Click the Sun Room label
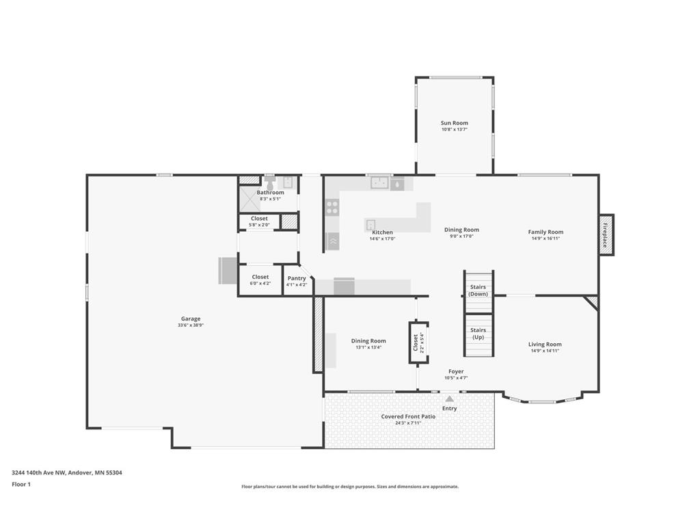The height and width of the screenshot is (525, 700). click(x=455, y=123)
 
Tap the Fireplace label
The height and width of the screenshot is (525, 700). click(x=606, y=235)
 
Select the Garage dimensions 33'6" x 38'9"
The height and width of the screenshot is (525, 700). click(x=191, y=325)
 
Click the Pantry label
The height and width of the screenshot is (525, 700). click(x=297, y=278)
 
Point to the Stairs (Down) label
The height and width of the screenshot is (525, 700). click(x=478, y=290)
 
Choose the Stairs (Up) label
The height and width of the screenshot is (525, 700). click(x=478, y=334)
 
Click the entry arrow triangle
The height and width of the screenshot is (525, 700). click(x=450, y=399)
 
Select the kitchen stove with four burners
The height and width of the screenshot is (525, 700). click(x=332, y=207)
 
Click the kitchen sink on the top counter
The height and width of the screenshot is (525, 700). click(x=379, y=183)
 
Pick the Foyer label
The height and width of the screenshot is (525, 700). click(x=456, y=371)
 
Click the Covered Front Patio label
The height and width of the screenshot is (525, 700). click(x=408, y=416)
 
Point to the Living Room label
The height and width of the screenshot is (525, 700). click(x=545, y=345)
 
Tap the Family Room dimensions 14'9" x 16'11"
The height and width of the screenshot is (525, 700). click(x=546, y=239)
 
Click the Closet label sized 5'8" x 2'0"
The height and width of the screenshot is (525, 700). click(x=259, y=218)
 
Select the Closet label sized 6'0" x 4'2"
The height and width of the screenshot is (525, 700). click(x=260, y=277)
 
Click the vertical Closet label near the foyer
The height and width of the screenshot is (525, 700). click(x=416, y=342)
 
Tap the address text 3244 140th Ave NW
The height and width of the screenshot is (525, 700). click(x=39, y=472)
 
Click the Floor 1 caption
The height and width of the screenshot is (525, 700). click(x=21, y=484)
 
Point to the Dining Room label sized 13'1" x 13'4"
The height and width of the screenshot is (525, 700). click(x=368, y=340)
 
